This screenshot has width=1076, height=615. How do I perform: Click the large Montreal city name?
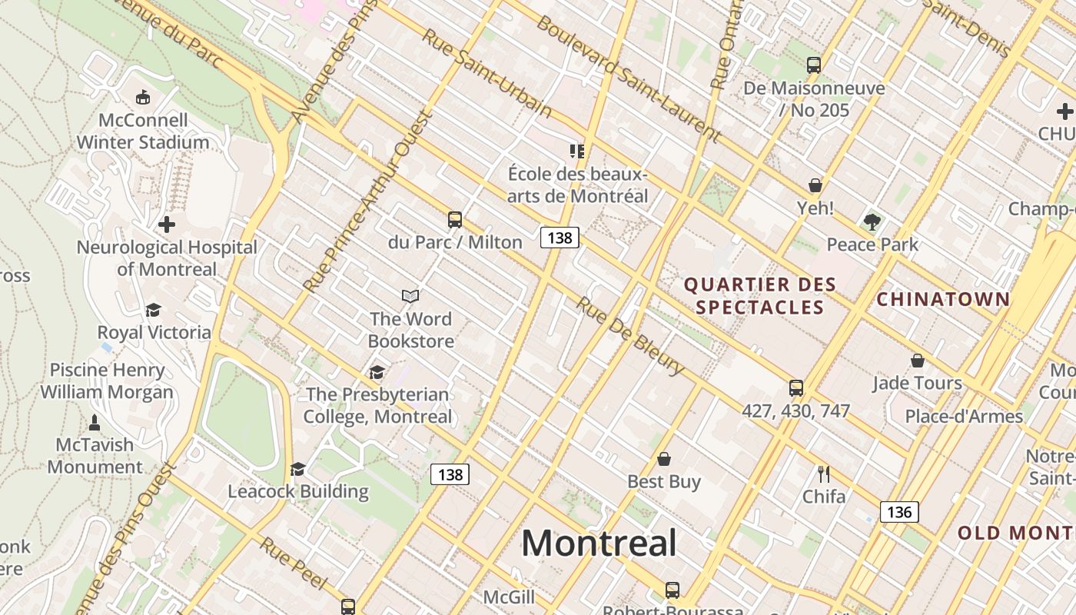point(599,543)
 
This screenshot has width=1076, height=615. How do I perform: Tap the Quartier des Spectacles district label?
point(759,296)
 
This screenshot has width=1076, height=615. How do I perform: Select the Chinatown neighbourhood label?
point(943,299)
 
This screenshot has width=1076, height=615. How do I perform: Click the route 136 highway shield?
point(898,512)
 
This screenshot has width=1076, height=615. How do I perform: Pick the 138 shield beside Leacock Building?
point(450,474)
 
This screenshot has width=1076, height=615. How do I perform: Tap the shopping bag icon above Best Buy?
point(664,459)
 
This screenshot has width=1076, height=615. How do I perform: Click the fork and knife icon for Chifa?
point(824,474)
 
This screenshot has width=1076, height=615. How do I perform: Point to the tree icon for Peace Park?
point(872,222)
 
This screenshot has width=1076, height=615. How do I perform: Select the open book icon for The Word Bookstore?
point(410,296)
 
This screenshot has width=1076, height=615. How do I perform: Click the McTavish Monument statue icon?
point(95,422)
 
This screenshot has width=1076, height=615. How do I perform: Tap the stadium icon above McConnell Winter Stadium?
point(142,98)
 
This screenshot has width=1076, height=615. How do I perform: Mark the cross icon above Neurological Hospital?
point(166,224)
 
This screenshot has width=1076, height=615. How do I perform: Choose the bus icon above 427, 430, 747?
point(795,388)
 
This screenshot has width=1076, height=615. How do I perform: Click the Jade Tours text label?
point(917,383)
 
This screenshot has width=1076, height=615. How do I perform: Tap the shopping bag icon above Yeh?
point(815,185)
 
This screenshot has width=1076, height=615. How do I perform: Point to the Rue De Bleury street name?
point(630,336)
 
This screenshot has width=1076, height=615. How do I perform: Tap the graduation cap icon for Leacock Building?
point(297,469)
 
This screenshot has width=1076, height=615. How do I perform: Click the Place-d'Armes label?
point(963,417)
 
